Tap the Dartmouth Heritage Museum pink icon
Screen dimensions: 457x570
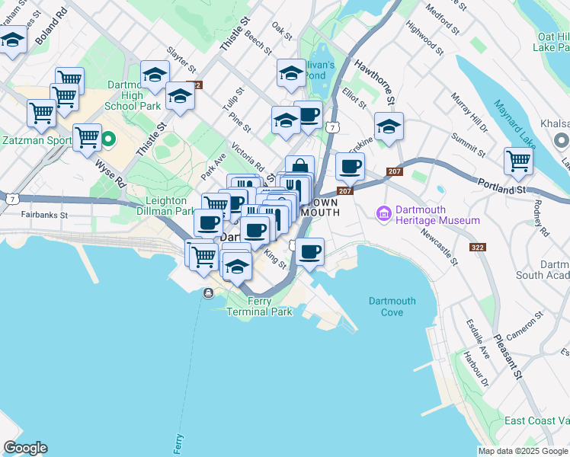point(383,215)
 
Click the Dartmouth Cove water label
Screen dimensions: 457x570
point(392,306)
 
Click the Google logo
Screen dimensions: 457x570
point(25,448)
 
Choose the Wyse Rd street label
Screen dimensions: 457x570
point(110,173)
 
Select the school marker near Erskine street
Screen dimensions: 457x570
point(389,126)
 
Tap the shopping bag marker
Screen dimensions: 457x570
point(300,168)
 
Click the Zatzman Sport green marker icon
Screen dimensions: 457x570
point(108,139)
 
